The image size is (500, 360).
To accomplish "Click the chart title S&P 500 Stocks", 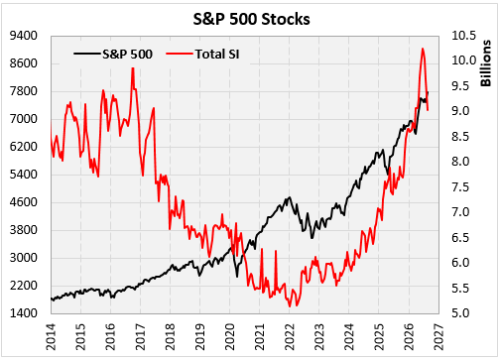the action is pos(251,19).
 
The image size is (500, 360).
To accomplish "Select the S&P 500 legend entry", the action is pos(113,54).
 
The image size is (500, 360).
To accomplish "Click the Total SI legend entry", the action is pos(202,54).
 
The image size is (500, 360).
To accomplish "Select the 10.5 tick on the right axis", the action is pos(464,36).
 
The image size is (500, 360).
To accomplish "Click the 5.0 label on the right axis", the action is pos(460,312).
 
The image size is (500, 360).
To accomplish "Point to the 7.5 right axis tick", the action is pos(460,187).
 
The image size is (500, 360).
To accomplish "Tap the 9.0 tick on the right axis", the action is pos(460,111).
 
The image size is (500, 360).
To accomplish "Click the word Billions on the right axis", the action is pos(485,63).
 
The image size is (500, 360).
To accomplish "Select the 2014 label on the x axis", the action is pos(52,337).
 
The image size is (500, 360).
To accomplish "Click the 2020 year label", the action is pos(230,337).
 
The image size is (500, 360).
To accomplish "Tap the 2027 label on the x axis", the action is pos(438,337).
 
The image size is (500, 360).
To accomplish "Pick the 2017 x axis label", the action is pos(141,337).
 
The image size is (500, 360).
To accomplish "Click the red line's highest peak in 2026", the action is pos(423,49).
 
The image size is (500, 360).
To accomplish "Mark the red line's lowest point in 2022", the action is pos(290,306).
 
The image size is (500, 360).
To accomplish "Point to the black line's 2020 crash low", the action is pos(237,277).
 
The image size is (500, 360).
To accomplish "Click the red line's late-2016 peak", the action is pos(133,68).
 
